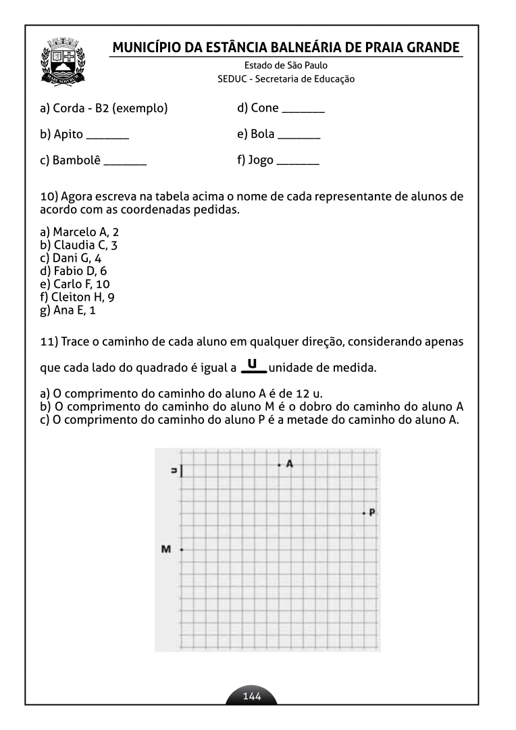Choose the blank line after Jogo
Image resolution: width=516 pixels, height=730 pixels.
coord(298,164)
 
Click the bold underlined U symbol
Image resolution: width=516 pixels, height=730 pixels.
coord(252,365)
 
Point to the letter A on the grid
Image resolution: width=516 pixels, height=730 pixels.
coord(290,464)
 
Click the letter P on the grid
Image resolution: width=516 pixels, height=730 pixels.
coord(372,513)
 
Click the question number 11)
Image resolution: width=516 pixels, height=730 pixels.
coord(49,341)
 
